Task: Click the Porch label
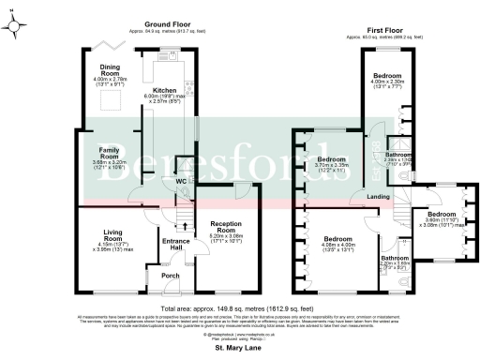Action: pyautogui.click(x=171, y=276)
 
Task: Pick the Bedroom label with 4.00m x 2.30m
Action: pyautogui.click(x=387, y=74)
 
